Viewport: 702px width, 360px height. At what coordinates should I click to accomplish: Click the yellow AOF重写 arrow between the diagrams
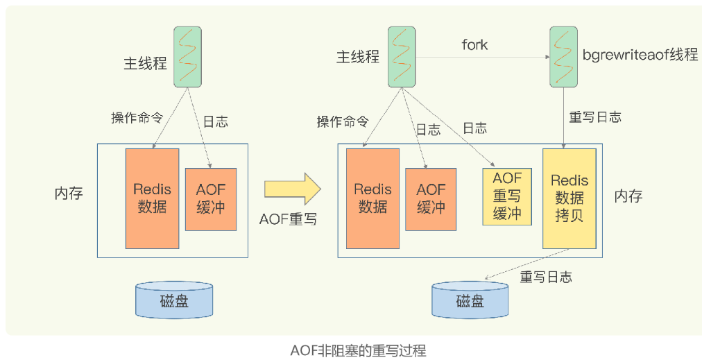click(x=292, y=189)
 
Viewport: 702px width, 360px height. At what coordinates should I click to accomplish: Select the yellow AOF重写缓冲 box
click(x=507, y=196)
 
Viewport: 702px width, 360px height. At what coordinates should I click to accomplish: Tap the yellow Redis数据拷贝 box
click(x=570, y=198)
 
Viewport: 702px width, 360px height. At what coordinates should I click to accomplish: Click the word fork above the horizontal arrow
click(x=474, y=45)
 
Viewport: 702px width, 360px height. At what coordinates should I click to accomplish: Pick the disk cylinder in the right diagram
click(x=470, y=300)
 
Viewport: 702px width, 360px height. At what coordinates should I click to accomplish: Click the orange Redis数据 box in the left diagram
click(x=152, y=198)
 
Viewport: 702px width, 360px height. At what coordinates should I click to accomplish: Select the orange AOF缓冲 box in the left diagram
click(x=211, y=198)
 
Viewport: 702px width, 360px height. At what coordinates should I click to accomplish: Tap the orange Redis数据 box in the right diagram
click(x=373, y=198)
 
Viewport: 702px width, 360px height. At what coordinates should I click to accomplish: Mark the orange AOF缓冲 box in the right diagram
click(x=431, y=198)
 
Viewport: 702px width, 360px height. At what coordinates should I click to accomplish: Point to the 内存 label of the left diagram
click(x=69, y=194)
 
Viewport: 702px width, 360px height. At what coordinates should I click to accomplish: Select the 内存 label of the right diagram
click(x=628, y=196)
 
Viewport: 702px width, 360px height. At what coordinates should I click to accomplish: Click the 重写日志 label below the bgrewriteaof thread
click(x=594, y=117)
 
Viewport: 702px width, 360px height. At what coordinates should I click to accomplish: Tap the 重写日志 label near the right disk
click(x=546, y=277)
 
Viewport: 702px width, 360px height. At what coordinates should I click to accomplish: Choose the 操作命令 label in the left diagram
click(x=137, y=118)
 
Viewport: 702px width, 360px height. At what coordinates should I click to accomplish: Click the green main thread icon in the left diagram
click(x=187, y=56)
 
